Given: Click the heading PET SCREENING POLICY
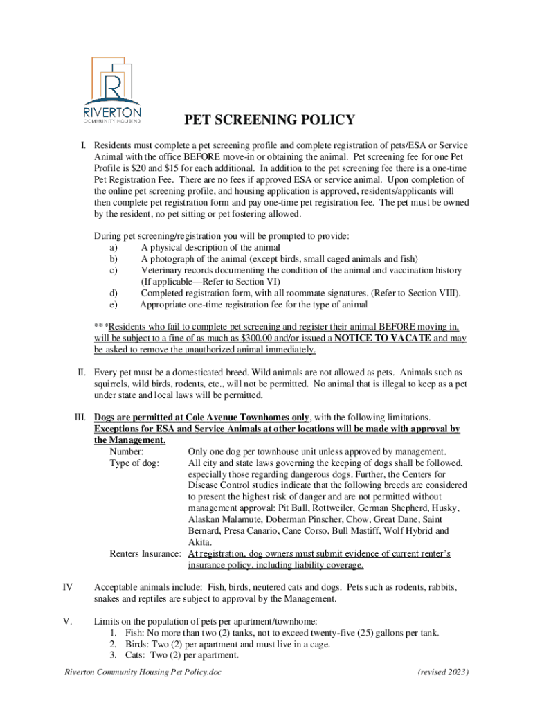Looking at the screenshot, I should [269, 120].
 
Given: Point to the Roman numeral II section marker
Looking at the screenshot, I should [81, 373].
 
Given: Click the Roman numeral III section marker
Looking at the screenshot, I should [80, 417].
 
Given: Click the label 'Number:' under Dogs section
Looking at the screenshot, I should [127, 451].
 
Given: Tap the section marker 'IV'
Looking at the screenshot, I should [68, 587].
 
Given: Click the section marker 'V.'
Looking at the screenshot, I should [68, 621].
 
